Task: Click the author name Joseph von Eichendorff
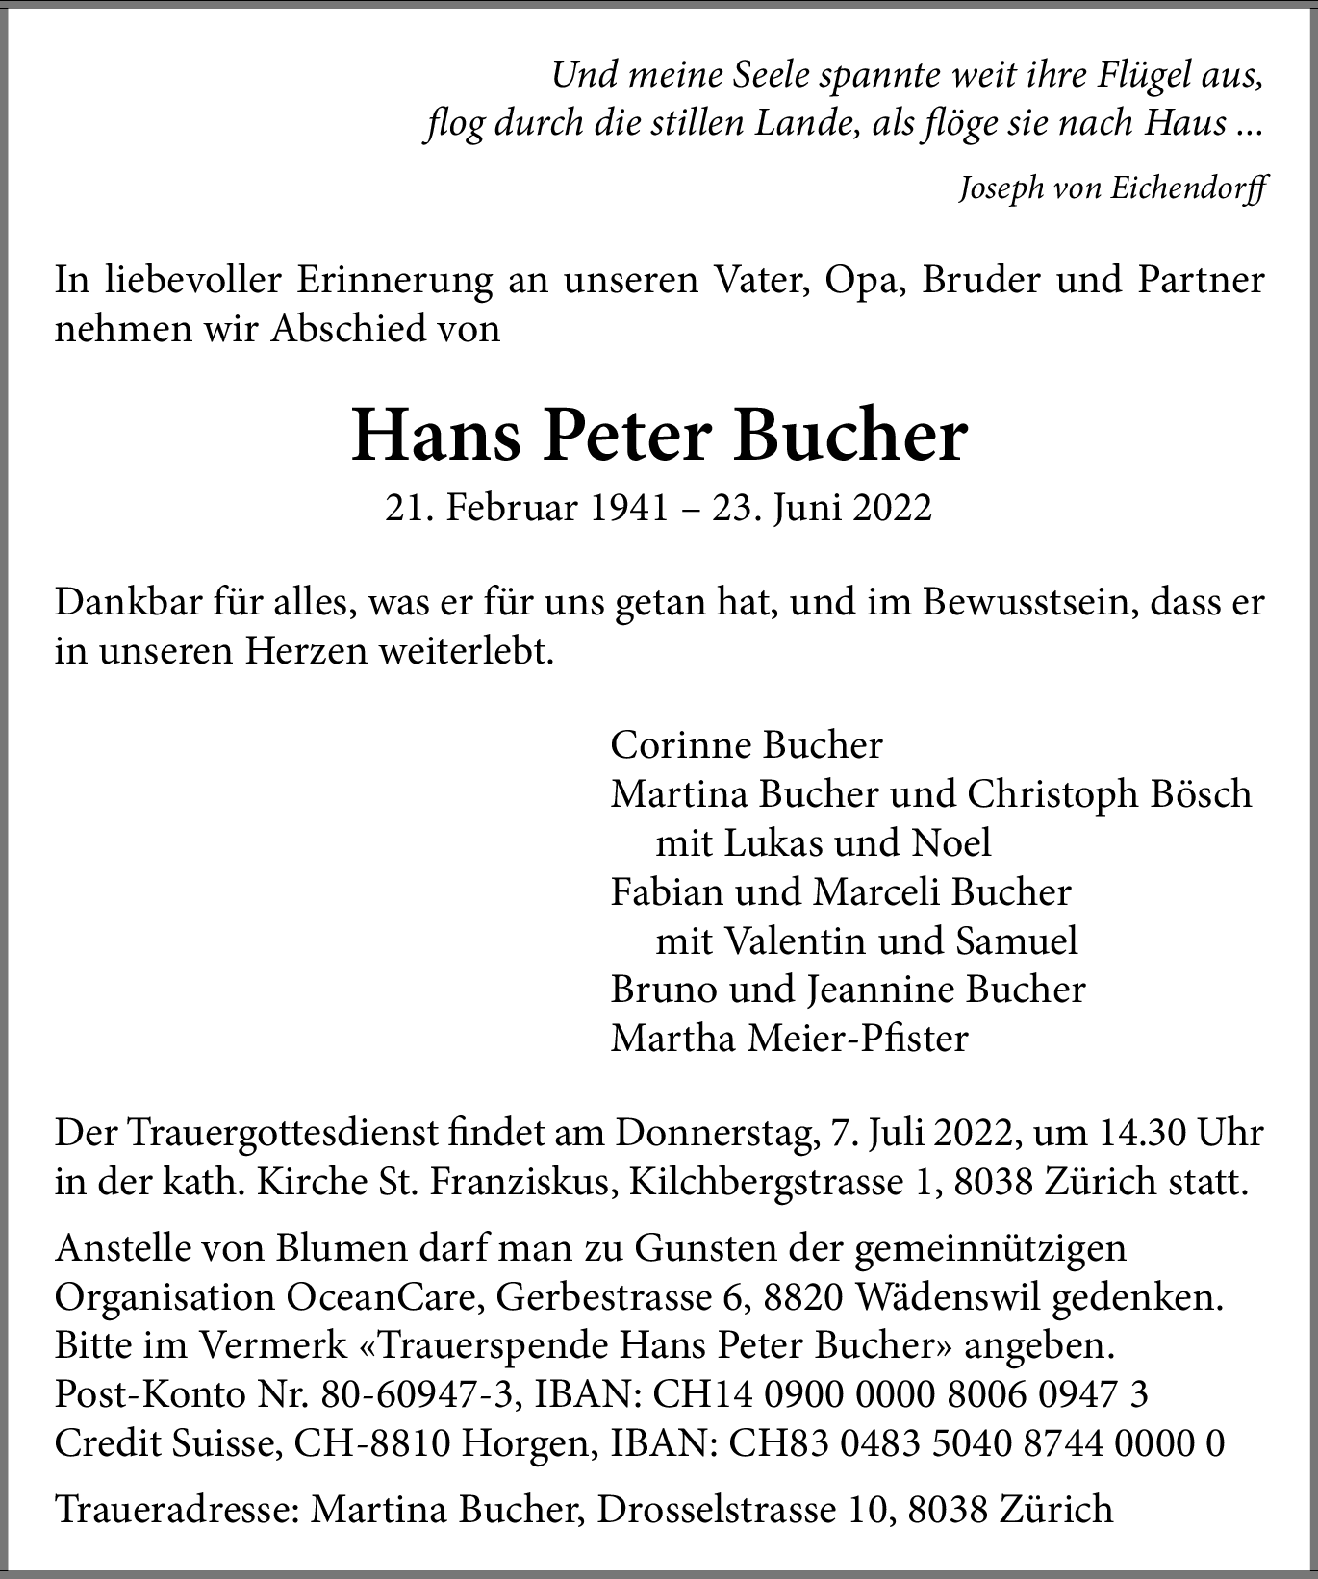(1112, 188)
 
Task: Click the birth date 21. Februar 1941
(526, 508)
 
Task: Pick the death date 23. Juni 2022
(822, 508)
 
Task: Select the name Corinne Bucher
(747, 745)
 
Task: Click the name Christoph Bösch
(1109, 794)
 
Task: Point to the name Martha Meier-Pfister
(789, 1039)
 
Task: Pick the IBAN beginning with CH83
(976, 1443)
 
